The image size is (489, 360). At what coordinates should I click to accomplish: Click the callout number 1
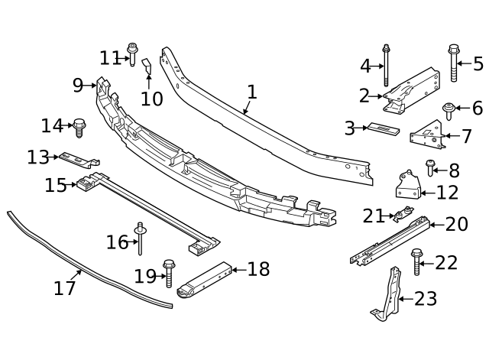[x=251, y=92]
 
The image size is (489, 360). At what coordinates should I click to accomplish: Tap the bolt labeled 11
[x=133, y=54]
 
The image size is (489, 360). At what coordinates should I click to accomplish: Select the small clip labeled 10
[x=148, y=70]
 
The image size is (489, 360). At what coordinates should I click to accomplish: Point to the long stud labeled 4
[x=387, y=65]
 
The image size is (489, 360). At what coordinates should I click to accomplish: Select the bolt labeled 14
[x=79, y=126]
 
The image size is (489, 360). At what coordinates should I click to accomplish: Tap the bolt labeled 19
[x=169, y=273]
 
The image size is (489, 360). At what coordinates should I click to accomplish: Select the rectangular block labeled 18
[x=205, y=281]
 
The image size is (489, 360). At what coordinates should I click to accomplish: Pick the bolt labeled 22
[x=417, y=261]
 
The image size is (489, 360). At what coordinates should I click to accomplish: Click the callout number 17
[x=65, y=288]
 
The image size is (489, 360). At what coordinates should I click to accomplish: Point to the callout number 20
[x=456, y=224]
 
